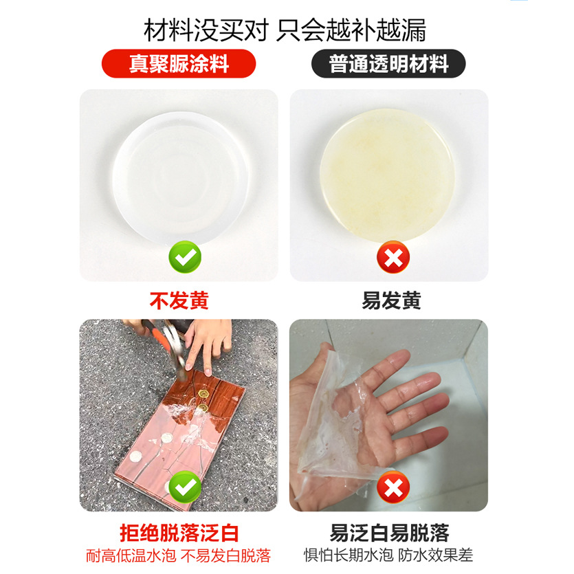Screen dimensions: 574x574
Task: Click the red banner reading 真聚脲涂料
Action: [x=179, y=64]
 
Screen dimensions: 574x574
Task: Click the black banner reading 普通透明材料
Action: [x=388, y=64]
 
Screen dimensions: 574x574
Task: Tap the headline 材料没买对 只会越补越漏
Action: [x=285, y=30]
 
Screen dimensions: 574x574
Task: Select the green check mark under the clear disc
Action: [x=185, y=257]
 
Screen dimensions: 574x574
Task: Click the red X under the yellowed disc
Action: [x=393, y=257]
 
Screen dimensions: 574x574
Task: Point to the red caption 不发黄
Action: [x=179, y=301]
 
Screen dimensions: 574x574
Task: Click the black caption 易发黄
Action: [x=391, y=301]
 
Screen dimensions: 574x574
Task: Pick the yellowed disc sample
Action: [x=387, y=176]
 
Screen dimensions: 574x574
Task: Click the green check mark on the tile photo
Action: [x=185, y=487]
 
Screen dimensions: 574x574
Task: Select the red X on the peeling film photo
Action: [x=393, y=487]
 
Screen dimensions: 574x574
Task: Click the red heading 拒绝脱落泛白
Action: [x=179, y=533]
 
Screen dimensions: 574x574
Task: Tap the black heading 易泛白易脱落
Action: [x=389, y=533]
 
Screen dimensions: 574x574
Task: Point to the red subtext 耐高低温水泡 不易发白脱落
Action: [x=178, y=555]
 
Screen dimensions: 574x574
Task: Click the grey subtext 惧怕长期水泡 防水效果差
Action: [x=388, y=555]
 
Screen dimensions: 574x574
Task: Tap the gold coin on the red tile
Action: [x=203, y=395]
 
